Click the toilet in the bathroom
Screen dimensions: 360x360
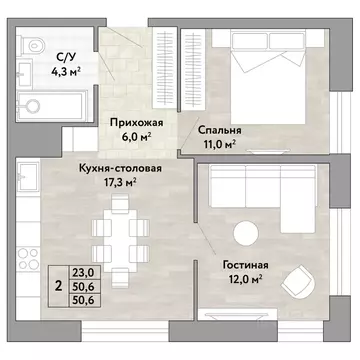coord(32,46)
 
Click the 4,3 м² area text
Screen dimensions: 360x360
coord(67,72)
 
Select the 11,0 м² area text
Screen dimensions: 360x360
coord(217,144)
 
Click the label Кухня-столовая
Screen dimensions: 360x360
coord(123,167)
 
